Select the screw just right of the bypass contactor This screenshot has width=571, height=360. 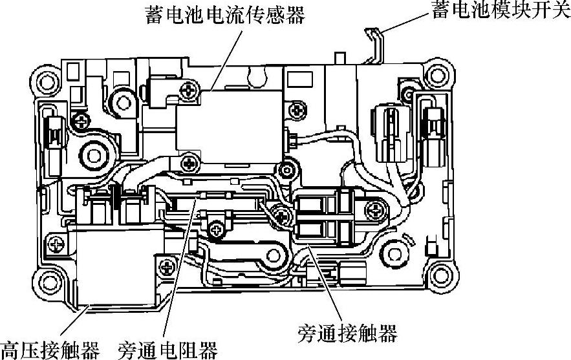376,209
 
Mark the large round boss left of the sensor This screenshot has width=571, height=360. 96,154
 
